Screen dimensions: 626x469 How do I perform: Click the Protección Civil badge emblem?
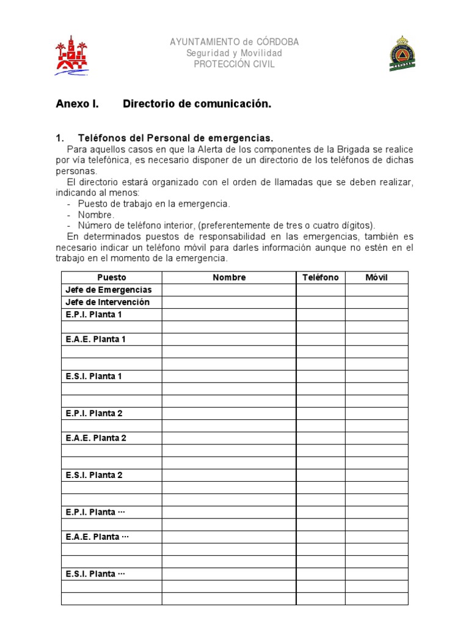pos(402,54)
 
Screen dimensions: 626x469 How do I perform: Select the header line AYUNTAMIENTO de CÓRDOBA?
pos(234,42)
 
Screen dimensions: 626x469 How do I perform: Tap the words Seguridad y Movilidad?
pos(234,53)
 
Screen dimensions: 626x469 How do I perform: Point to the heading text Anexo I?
pos(77,104)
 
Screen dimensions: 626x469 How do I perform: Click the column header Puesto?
pos(111,278)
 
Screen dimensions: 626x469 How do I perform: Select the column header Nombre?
pos(229,278)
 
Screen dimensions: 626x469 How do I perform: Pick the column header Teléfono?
pos(321,278)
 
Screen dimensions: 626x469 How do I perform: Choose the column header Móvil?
pos(376,278)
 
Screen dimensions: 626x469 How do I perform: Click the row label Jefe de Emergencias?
pos(108,290)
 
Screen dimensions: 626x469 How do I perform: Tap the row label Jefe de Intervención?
pos(107,302)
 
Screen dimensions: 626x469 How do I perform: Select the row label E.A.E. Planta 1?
pos(95,339)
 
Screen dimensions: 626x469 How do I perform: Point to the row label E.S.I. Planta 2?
pos(94,475)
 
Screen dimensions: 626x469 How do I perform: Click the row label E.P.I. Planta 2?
pos(94,413)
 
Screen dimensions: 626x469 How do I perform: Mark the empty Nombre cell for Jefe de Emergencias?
pos(229,290)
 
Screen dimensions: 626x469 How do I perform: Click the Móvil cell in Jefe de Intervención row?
pos(376,302)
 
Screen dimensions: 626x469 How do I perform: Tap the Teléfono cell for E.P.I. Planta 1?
pos(321,314)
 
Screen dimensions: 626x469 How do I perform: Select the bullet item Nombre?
pos(96,215)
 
